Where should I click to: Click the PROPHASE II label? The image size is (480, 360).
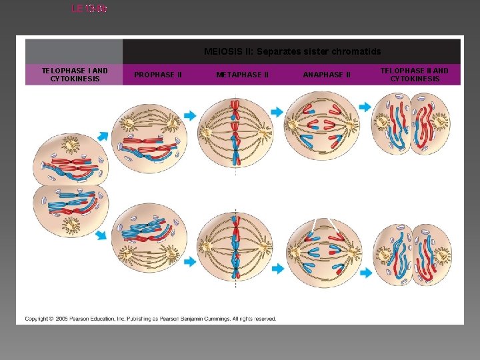point(158,75)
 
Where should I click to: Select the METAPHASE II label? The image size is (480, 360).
point(243,75)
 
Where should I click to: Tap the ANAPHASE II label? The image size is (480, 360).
point(327,75)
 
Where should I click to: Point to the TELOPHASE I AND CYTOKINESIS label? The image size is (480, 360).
point(74,75)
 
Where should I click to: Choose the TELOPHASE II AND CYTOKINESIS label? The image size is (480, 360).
point(415,75)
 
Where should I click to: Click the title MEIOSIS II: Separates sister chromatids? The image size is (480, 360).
point(292,51)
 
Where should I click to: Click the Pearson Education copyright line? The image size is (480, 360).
point(151,319)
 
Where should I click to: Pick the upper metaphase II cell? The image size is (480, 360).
point(235,129)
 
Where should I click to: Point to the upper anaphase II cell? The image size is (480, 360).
point(322,125)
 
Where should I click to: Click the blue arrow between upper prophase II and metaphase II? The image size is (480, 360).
point(190,115)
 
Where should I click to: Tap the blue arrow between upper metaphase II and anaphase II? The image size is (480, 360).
point(276,113)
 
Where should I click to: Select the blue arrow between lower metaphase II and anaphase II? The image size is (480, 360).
point(276,269)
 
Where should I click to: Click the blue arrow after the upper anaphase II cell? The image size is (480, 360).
point(365,107)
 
